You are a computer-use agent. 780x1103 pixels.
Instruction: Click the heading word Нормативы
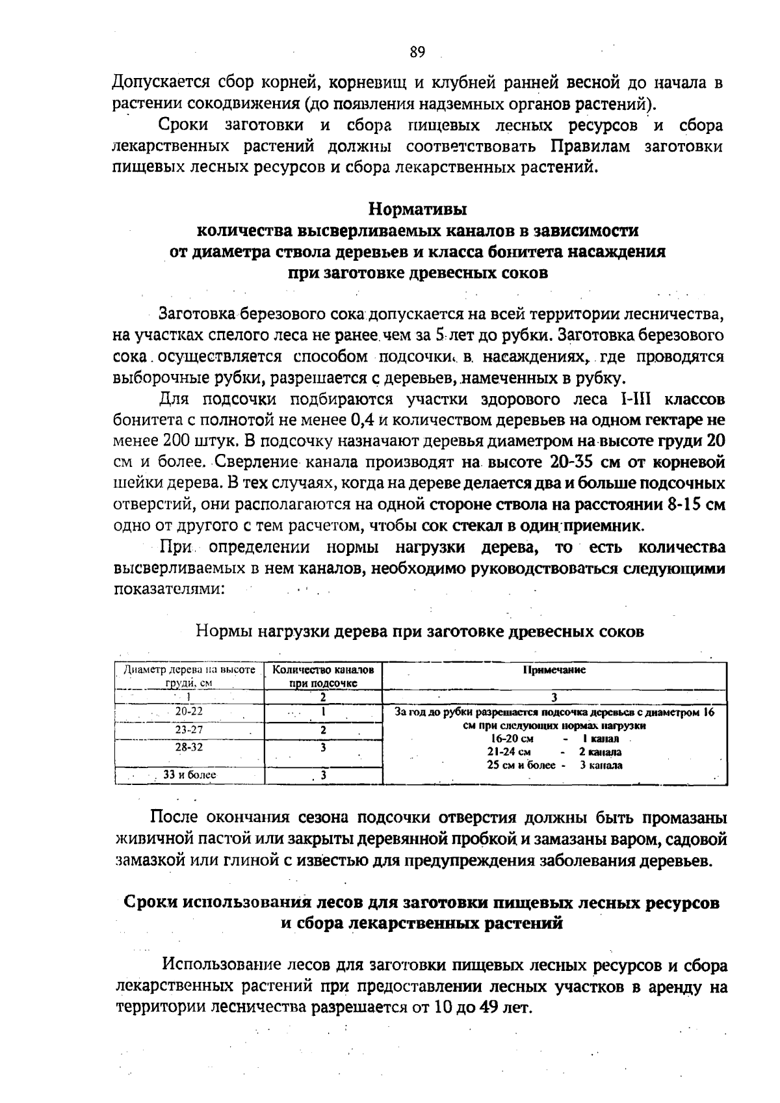pyautogui.click(x=417, y=209)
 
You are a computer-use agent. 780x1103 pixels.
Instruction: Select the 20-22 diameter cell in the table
pyautogui.click(x=189, y=711)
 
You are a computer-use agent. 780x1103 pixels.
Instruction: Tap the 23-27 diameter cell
pyautogui.click(x=189, y=730)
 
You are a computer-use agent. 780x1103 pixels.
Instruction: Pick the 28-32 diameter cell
pyautogui.click(x=189, y=748)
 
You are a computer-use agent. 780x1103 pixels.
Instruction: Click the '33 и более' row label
pyautogui.click(x=189, y=775)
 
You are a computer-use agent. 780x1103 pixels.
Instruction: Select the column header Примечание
pyautogui.click(x=554, y=670)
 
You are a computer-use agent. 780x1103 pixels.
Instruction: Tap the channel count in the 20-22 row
pyautogui.click(x=323, y=711)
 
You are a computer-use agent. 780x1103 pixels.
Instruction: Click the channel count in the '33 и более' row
pyautogui.click(x=323, y=775)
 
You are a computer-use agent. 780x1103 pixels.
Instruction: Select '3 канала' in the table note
pyautogui.click(x=601, y=765)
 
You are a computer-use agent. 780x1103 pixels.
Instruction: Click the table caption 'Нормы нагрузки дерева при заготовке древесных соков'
pyautogui.click(x=420, y=631)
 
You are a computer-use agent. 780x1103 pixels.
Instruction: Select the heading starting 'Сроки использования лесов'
pyautogui.click(x=421, y=903)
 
